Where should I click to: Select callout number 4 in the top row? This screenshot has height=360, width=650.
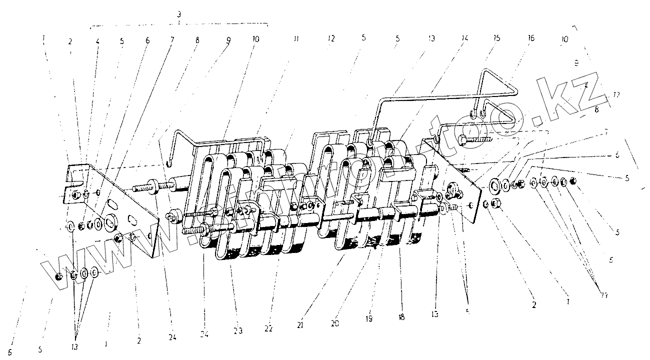click(x=97, y=42)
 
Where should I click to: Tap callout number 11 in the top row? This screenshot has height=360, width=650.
click(x=296, y=38)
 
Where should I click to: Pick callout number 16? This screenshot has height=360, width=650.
click(x=531, y=38)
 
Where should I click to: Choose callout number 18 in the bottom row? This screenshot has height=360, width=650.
click(x=401, y=317)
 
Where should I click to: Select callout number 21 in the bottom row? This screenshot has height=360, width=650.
click(x=300, y=325)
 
